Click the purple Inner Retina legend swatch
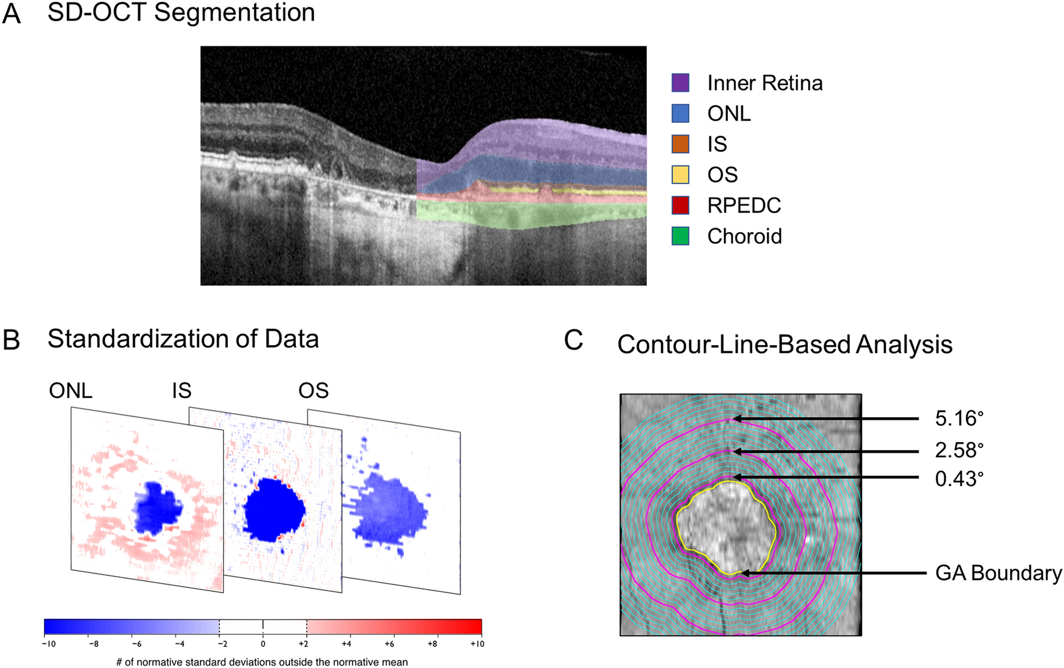point(680,83)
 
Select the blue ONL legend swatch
point(680,114)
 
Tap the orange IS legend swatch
point(680,144)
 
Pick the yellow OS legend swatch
point(680,175)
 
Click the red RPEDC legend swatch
point(680,206)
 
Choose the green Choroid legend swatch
point(680,236)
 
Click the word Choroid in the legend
point(744,236)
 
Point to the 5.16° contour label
point(959,418)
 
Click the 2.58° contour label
point(959,450)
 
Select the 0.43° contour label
point(959,479)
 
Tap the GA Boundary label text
point(998,573)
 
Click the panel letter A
point(11,14)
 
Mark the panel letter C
point(573,340)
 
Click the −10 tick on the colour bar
point(48,644)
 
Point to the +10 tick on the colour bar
point(477,644)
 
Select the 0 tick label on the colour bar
point(263,644)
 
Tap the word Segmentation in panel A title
point(234,12)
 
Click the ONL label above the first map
point(70,391)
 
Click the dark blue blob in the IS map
point(274,511)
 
